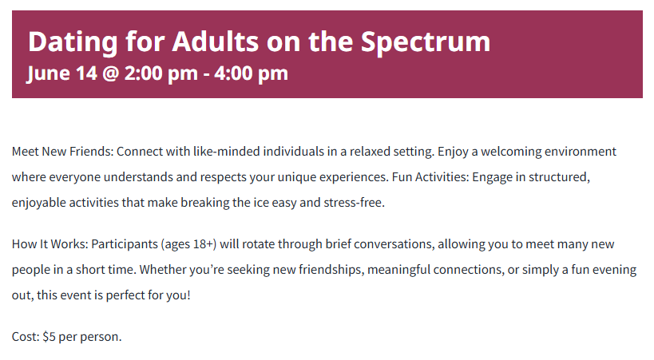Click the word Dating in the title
pyautogui.click(x=73, y=42)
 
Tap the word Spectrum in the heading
pyautogui.click(x=426, y=42)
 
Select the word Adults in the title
pyautogui.click(x=216, y=42)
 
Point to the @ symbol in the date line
pyautogui.click(x=110, y=73)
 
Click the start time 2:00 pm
pyautogui.click(x=161, y=73)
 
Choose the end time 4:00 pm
pyautogui.click(x=251, y=73)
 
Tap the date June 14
pyautogui.click(x=61, y=73)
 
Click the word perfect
pyautogui.click(x=125, y=295)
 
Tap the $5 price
pyautogui.click(x=49, y=337)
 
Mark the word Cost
pyautogui.click(x=26, y=337)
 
